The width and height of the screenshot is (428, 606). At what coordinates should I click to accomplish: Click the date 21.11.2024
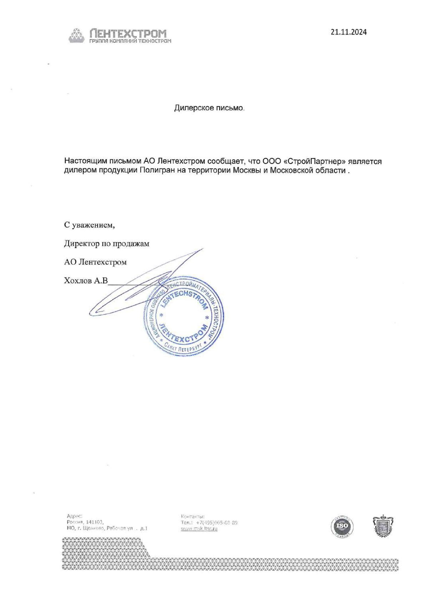pyautogui.click(x=348, y=32)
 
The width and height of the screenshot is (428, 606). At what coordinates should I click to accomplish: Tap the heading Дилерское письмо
pyautogui.click(x=209, y=108)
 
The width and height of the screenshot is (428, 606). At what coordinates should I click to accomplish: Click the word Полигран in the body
pyautogui.click(x=157, y=170)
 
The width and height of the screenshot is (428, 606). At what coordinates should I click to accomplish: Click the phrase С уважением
pyautogui.click(x=90, y=225)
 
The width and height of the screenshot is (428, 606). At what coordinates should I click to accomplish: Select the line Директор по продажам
pyautogui.click(x=107, y=244)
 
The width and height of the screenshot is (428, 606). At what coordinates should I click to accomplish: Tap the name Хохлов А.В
pyautogui.click(x=86, y=281)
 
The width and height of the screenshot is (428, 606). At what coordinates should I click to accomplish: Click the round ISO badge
pyautogui.click(x=342, y=526)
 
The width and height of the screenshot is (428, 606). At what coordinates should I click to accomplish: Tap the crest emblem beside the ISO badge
pyautogui.click(x=383, y=526)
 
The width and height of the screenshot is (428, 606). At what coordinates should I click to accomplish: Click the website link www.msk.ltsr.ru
pyautogui.click(x=199, y=529)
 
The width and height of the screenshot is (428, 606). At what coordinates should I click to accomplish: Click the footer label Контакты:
pyautogui.click(x=193, y=516)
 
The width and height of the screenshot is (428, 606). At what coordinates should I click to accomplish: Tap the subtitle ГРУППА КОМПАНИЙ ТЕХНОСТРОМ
pyautogui.click(x=130, y=41)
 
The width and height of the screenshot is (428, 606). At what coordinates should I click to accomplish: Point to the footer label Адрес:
pyautogui.click(x=75, y=516)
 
